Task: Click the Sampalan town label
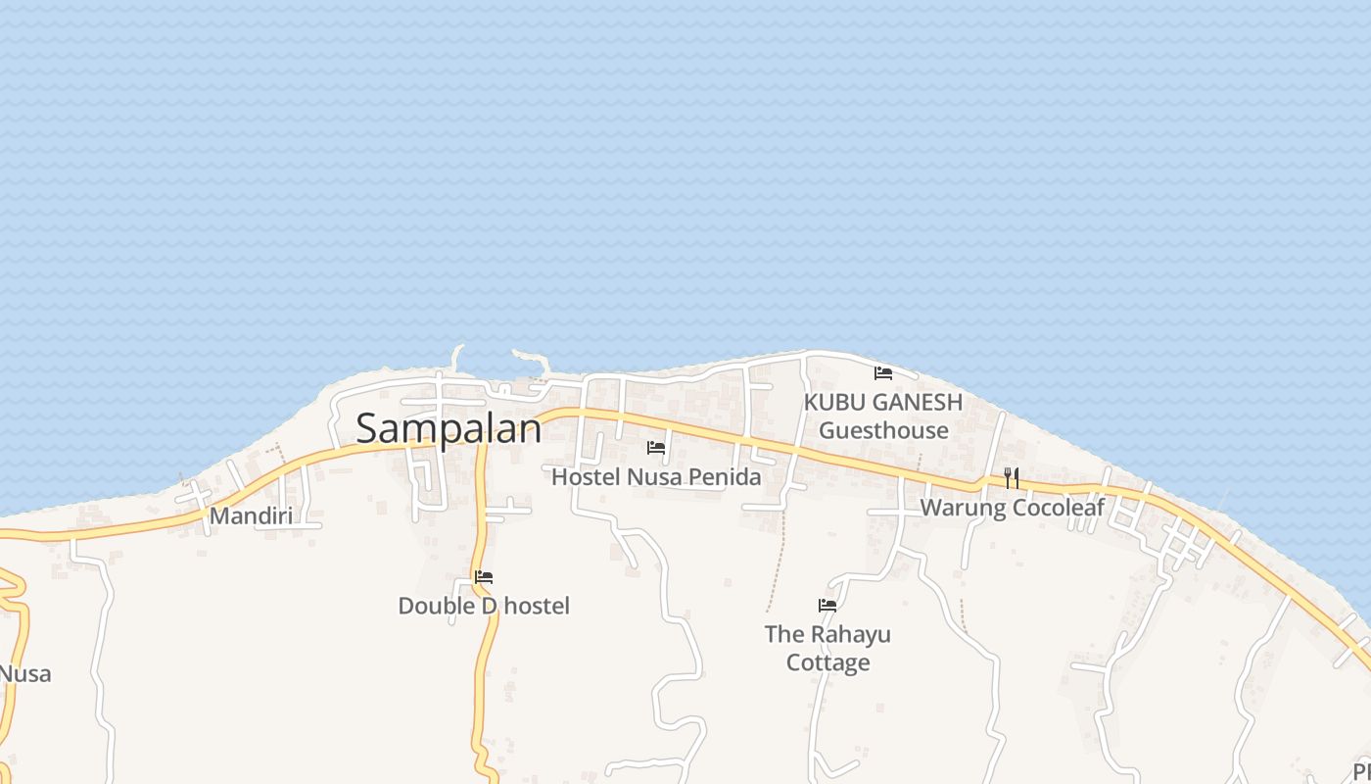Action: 449,428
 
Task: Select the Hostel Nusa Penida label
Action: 656,477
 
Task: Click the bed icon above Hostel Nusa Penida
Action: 656,448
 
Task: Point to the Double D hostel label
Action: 484,606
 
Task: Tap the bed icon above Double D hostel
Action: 484,577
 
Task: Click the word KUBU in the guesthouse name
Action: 833,402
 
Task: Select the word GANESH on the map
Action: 916,402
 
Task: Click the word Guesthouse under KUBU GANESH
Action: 883,430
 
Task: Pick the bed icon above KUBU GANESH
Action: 883,373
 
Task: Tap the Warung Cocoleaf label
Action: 1012,508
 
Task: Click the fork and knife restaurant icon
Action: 1012,478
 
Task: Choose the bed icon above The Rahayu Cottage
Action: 827,606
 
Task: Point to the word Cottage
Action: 827,663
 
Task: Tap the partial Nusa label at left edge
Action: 25,674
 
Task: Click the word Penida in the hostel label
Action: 726,477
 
